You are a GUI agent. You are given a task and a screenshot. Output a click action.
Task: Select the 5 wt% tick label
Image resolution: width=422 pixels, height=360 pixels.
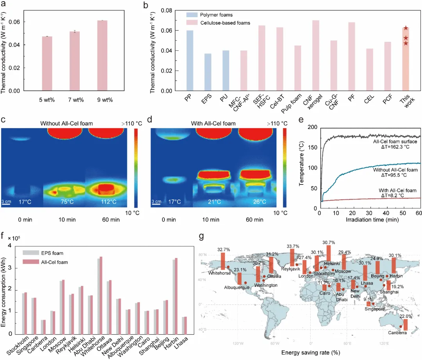click(x=47, y=100)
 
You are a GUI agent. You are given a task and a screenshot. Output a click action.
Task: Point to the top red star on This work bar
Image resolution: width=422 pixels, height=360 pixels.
click(x=406, y=28)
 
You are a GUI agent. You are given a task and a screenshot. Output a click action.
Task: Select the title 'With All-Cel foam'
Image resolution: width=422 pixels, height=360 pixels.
click(x=213, y=124)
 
